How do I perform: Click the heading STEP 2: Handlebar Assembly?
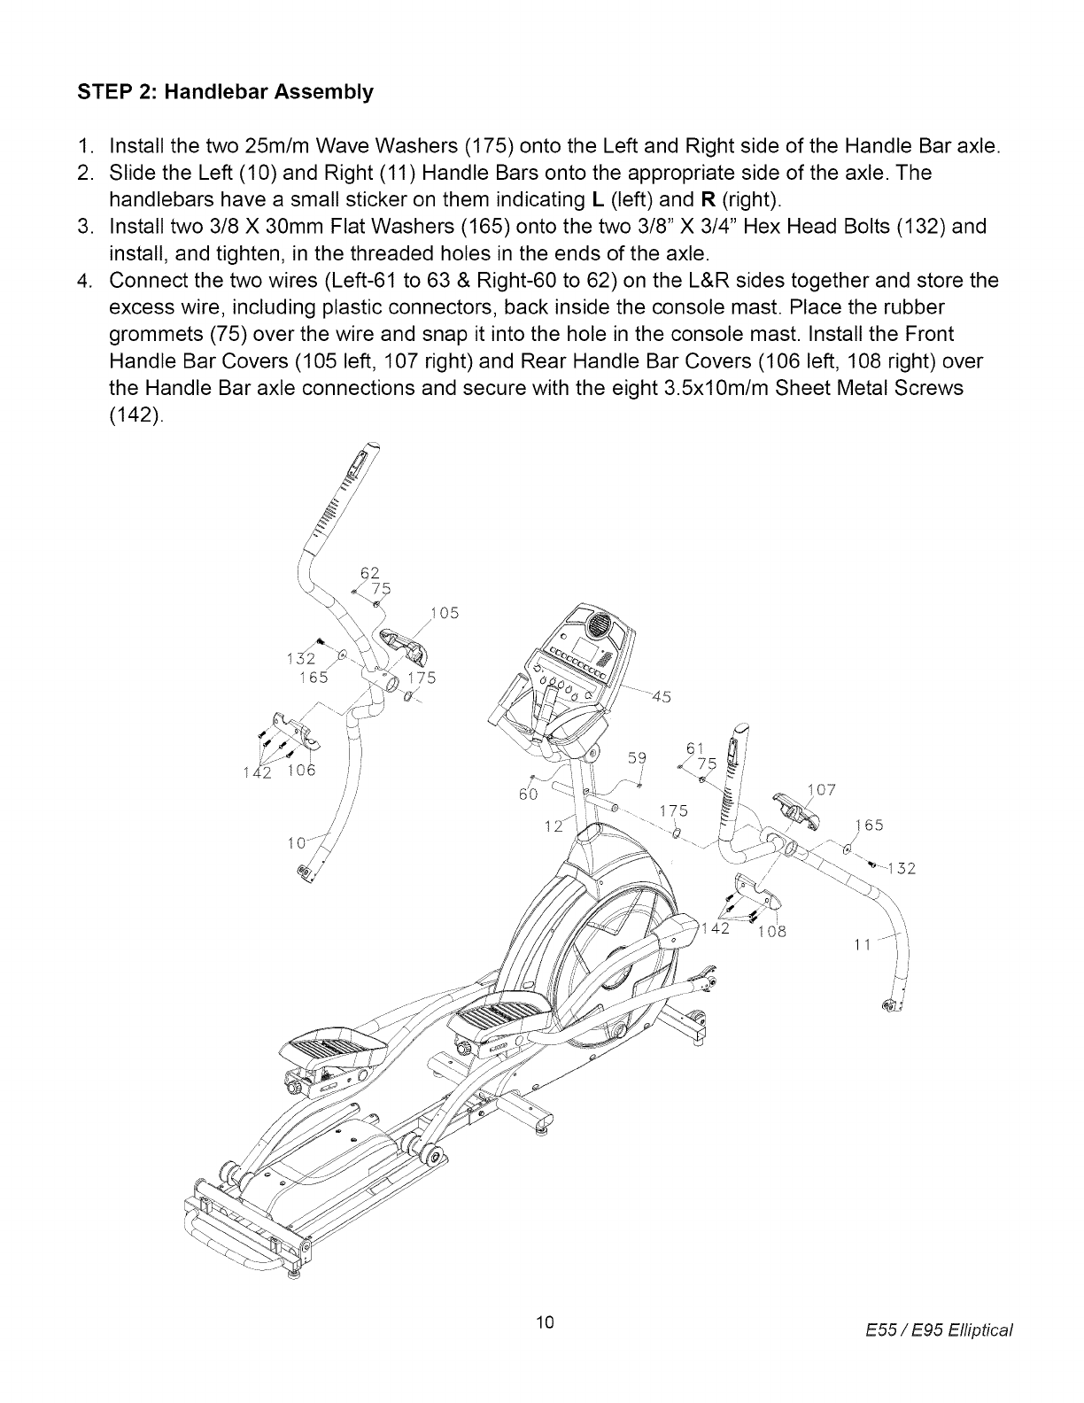click(x=224, y=92)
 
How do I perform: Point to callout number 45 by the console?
click(x=660, y=695)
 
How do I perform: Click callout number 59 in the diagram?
click(x=637, y=758)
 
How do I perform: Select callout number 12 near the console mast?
click(x=554, y=826)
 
